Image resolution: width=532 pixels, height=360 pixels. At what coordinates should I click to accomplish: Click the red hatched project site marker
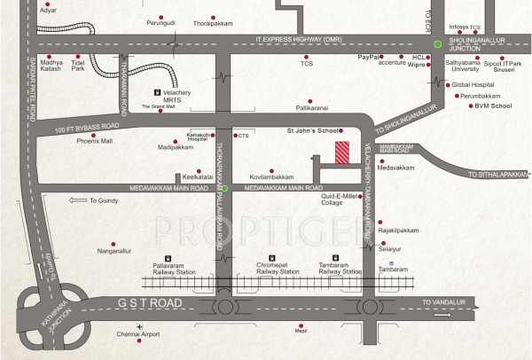tap(341, 152)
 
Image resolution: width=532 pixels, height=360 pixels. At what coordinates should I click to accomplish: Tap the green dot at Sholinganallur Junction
tap(437, 44)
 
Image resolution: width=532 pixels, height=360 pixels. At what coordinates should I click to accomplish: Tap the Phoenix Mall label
tap(94, 141)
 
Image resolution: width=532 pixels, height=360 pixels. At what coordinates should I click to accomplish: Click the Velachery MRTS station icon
tap(159, 90)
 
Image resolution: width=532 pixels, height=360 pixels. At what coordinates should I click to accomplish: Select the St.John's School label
tap(311, 130)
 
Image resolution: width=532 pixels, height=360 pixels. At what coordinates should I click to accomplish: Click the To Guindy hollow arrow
tap(77, 201)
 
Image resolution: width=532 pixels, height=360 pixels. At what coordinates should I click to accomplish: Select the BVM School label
tap(495, 106)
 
